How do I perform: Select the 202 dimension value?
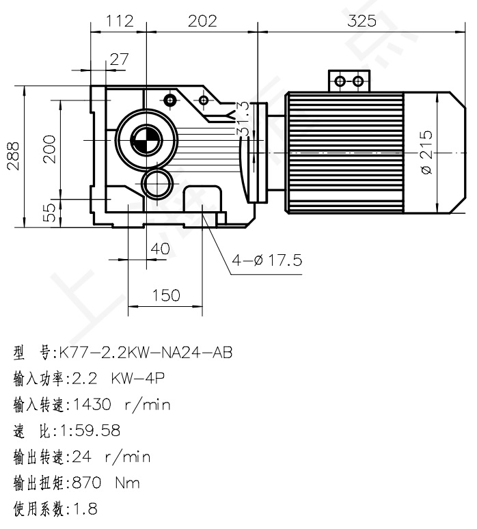[202, 21]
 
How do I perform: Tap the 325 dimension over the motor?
[362, 21]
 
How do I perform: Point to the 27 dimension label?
[119, 59]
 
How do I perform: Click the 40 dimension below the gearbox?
[160, 249]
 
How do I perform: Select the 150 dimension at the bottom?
[165, 295]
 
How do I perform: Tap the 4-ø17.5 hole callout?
[267, 260]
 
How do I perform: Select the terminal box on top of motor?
[348, 81]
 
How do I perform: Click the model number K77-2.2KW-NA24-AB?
[146, 353]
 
